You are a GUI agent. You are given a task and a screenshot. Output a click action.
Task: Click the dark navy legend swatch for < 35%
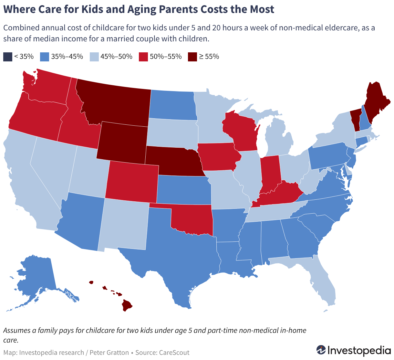tap(8, 57)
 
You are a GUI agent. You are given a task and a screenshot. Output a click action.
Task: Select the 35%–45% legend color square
tap(44, 57)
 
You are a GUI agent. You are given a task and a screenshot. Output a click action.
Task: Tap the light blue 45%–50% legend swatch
tap(94, 57)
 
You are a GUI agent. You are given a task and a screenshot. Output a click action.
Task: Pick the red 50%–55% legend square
tap(143, 57)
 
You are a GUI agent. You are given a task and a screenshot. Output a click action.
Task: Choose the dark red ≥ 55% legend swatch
tap(192, 57)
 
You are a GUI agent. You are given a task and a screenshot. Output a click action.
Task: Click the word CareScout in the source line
tap(174, 353)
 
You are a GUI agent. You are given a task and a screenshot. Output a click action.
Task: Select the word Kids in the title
tap(92, 9)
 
